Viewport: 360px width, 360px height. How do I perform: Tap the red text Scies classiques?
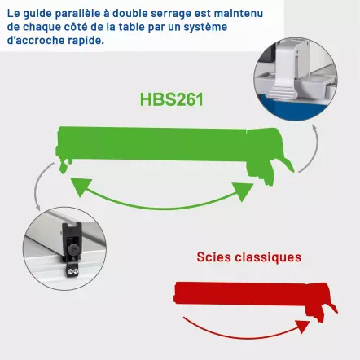click(x=248, y=257)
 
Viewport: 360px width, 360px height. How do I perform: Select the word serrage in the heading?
click(x=169, y=11)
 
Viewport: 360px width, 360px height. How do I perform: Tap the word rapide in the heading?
click(x=87, y=41)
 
